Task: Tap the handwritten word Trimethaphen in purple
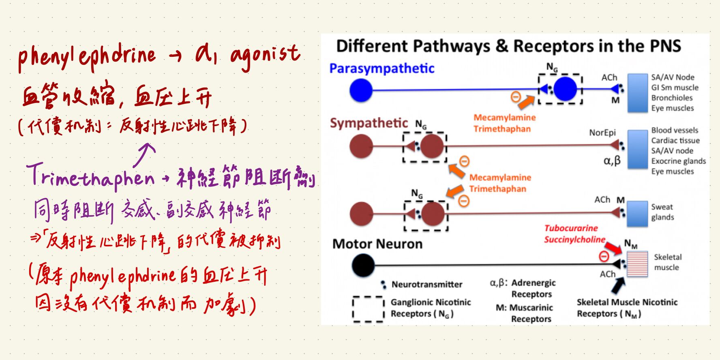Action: pyautogui.click(x=91, y=178)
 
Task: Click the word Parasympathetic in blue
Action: pyautogui.click(x=381, y=69)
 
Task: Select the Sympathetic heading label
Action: pyautogui.click(x=369, y=123)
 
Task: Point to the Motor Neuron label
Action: pyautogui.click(x=377, y=244)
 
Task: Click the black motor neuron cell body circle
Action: pyautogui.click(x=363, y=265)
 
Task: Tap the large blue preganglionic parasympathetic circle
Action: pyautogui.click(x=361, y=90)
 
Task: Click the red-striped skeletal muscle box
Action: pyautogui.click(x=637, y=264)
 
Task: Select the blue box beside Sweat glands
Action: pyautogui.click(x=637, y=214)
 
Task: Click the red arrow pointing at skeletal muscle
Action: pyautogui.click(x=613, y=247)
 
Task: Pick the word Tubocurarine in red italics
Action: pyautogui.click(x=571, y=228)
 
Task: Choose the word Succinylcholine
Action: pyautogui.click(x=574, y=240)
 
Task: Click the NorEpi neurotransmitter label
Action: pyautogui.click(x=602, y=133)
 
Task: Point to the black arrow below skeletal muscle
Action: pyautogui.click(x=617, y=285)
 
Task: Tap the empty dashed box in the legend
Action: pyautogui.click(x=368, y=309)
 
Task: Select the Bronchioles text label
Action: pyautogui.click(x=672, y=98)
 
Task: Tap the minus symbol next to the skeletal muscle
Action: pyautogui.click(x=604, y=256)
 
